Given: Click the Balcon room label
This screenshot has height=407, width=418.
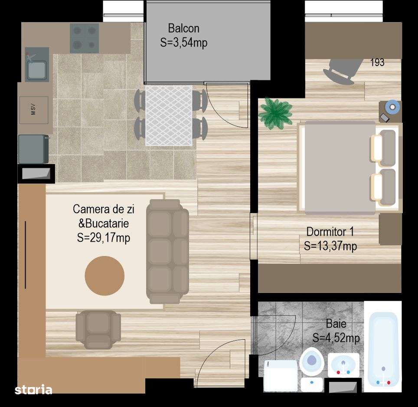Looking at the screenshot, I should (183, 29).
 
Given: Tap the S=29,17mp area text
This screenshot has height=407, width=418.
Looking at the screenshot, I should (103, 238).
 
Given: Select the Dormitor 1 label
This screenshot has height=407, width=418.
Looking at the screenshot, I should (330, 231).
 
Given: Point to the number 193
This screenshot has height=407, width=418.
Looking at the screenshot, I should (377, 62).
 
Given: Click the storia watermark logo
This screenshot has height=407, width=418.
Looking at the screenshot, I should (33, 390).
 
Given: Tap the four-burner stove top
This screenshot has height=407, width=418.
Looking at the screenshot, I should (84, 38).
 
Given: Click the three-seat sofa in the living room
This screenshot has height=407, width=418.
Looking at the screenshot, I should (167, 251).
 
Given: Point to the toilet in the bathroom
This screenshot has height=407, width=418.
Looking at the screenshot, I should (311, 363).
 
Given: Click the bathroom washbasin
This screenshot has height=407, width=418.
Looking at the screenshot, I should (343, 364).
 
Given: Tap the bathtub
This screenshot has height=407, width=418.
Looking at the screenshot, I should (382, 350).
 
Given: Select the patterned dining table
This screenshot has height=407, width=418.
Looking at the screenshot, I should (169, 115).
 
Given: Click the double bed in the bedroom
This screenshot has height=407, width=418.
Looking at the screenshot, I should (343, 167).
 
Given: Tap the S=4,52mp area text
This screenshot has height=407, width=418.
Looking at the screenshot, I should (336, 338).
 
